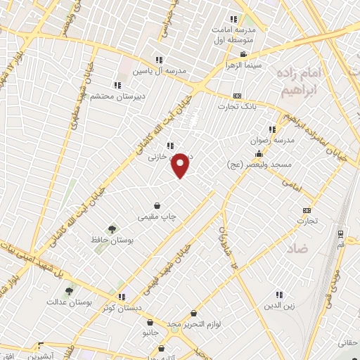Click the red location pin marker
tap(181, 165)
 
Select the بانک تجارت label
tap(235, 106)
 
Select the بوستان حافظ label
tap(110, 240)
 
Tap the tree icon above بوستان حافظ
tap(110, 229)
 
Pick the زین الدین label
tap(279, 306)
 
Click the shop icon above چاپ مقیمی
tap(165, 207)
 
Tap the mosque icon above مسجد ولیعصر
tap(260, 153)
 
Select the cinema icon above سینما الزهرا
tap(243, 54)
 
